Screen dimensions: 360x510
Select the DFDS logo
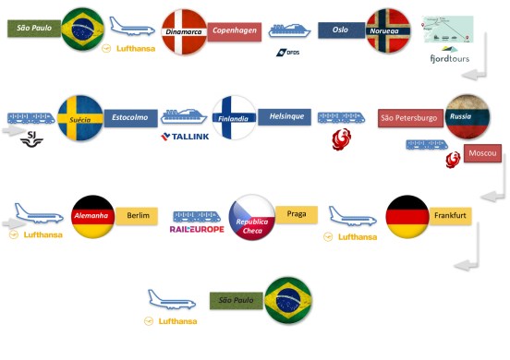(x=287, y=53)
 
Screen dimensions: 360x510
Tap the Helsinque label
(x=287, y=117)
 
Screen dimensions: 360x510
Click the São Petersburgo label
(x=410, y=117)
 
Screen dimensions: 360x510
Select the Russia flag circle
(x=468, y=117)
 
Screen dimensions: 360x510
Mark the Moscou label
(x=480, y=151)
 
